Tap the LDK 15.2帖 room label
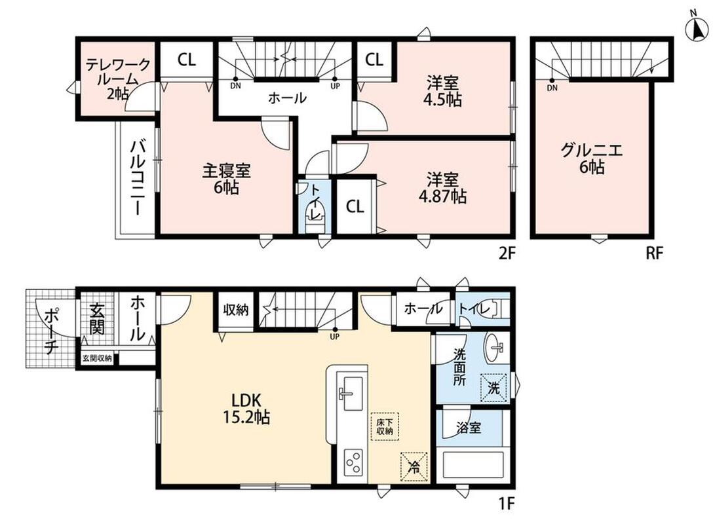point(246,409)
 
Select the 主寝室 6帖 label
point(227,179)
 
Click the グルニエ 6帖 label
point(591,158)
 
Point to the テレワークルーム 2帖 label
point(118,79)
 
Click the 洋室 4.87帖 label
point(443,188)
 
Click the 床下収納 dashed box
point(385,426)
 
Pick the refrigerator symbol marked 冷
point(414,466)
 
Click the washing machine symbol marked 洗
point(493,388)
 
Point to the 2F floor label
point(507,253)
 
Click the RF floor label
point(654,253)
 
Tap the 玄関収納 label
point(97,358)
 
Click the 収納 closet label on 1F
point(236,310)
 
